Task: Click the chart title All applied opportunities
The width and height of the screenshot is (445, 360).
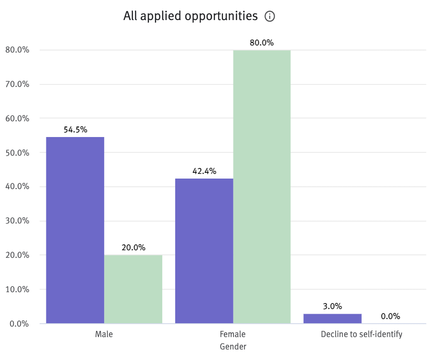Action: (x=190, y=16)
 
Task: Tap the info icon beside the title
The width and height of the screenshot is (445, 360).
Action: (x=270, y=17)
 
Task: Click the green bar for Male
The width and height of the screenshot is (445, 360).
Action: (x=133, y=289)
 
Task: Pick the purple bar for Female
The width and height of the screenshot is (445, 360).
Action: (x=204, y=251)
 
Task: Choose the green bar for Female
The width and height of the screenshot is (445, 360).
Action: (x=262, y=187)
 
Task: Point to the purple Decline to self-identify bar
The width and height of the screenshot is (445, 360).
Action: (x=332, y=318)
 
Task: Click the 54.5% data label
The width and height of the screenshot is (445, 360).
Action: (x=75, y=130)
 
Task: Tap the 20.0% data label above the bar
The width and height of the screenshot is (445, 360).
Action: (x=133, y=248)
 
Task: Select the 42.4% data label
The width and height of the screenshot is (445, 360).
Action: (x=204, y=171)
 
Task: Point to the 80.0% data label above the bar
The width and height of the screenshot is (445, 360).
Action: (x=262, y=43)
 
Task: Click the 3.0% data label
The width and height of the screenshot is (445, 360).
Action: (x=332, y=307)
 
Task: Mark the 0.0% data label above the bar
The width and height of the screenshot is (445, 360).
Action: (x=391, y=316)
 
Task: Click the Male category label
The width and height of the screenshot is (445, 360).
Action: (x=104, y=334)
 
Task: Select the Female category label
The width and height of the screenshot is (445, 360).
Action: (x=233, y=334)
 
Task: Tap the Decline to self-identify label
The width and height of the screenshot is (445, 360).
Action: (x=361, y=334)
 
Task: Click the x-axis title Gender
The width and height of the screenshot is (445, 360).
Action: (x=233, y=347)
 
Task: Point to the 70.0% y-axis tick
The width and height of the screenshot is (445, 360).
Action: (x=17, y=85)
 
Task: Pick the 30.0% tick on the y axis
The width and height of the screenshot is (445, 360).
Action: (x=17, y=221)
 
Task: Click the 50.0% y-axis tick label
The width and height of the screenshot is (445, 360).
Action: (x=17, y=153)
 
